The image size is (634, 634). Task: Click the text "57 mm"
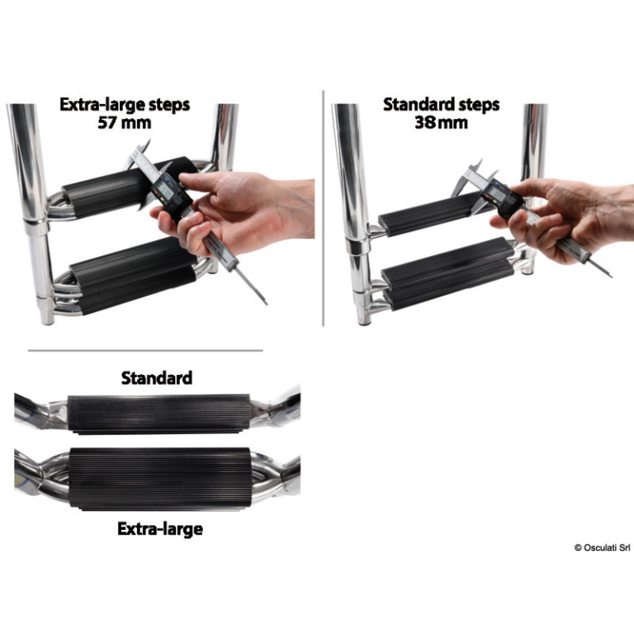(x=125, y=122)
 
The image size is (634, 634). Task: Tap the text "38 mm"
(x=441, y=122)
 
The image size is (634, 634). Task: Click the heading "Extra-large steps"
(x=125, y=105)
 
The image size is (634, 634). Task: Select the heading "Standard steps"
(x=441, y=105)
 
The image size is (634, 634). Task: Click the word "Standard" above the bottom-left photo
(x=157, y=378)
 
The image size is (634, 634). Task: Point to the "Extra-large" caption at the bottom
(x=160, y=529)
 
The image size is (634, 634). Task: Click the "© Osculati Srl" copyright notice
(x=602, y=547)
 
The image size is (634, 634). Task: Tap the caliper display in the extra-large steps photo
(x=166, y=189)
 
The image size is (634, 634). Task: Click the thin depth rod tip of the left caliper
(x=265, y=302)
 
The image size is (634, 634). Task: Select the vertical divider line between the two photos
(x=323, y=208)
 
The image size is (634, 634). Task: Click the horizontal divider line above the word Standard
(x=145, y=351)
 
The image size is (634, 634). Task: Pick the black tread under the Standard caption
(x=158, y=414)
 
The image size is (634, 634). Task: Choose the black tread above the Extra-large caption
(x=160, y=478)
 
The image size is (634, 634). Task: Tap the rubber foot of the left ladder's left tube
(x=47, y=317)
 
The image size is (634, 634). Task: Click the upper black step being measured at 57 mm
(x=121, y=188)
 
